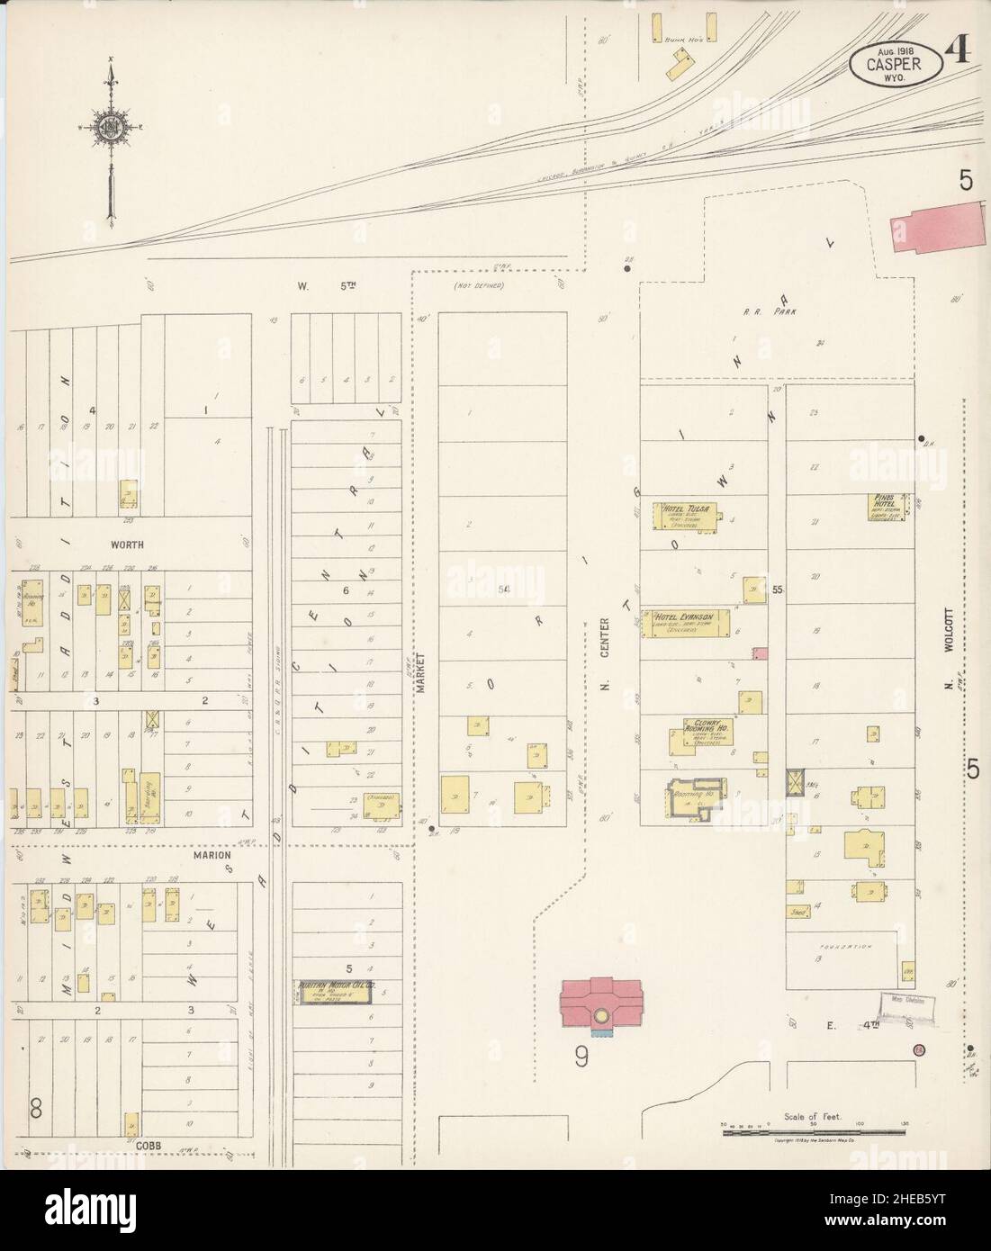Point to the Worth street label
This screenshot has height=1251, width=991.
(x=128, y=544)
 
